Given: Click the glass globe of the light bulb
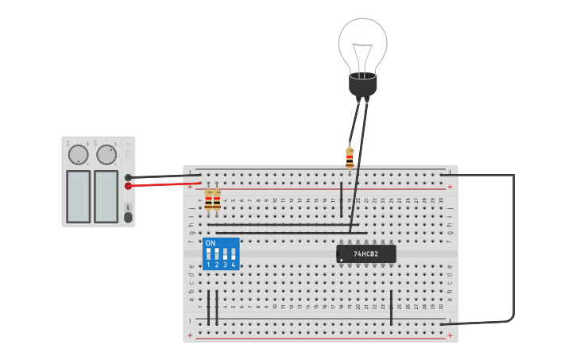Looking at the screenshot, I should [x=362, y=44].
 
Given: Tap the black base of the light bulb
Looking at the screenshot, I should [x=362, y=84].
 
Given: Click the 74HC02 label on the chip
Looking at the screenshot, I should [x=365, y=254].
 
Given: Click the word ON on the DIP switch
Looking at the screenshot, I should [x=211, y=243].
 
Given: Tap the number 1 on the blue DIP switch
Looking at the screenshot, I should [x=208, y=265].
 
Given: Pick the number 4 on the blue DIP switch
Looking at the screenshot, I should [x=234, y=265].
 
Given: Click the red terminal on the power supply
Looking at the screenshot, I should [x=128, y=186].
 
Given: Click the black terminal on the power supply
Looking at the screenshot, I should [x=128, y=177].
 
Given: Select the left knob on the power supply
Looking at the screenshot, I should [x=79, y=154].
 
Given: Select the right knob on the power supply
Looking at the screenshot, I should [x=106, y=154].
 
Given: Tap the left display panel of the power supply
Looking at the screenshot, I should [x=78, y=196].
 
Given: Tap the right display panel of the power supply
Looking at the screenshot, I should [x=106, y=196].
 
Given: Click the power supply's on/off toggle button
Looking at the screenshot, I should [x=128, y=217].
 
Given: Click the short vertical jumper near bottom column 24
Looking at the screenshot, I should [x=391, y=308].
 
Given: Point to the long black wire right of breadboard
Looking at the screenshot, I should [x=513, y=246].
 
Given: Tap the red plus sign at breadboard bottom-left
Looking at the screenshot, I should [x=189, y=335].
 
